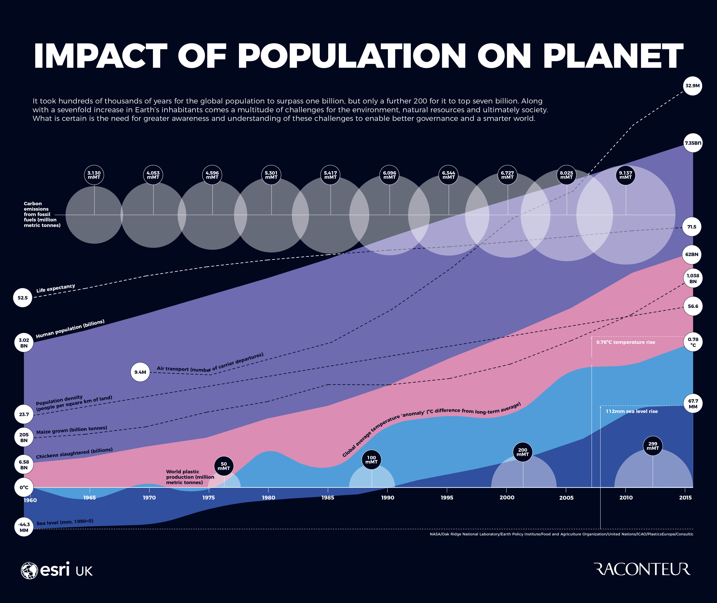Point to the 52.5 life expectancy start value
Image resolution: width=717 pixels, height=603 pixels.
(x=23, y=298)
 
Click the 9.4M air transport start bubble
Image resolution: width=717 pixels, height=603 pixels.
(x=140, y=372)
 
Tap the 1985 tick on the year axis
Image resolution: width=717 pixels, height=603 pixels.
(x=328, y=497)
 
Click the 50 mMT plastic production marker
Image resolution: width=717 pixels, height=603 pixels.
(x=224, y=466)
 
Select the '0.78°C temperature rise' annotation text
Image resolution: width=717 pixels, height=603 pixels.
(x=625, y=342)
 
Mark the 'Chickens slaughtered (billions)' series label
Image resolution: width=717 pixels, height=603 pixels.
(x=74, y=453)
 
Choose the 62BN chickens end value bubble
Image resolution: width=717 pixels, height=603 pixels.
(x=692, y=254)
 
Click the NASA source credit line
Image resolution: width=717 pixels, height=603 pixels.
(x=561, y=534)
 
